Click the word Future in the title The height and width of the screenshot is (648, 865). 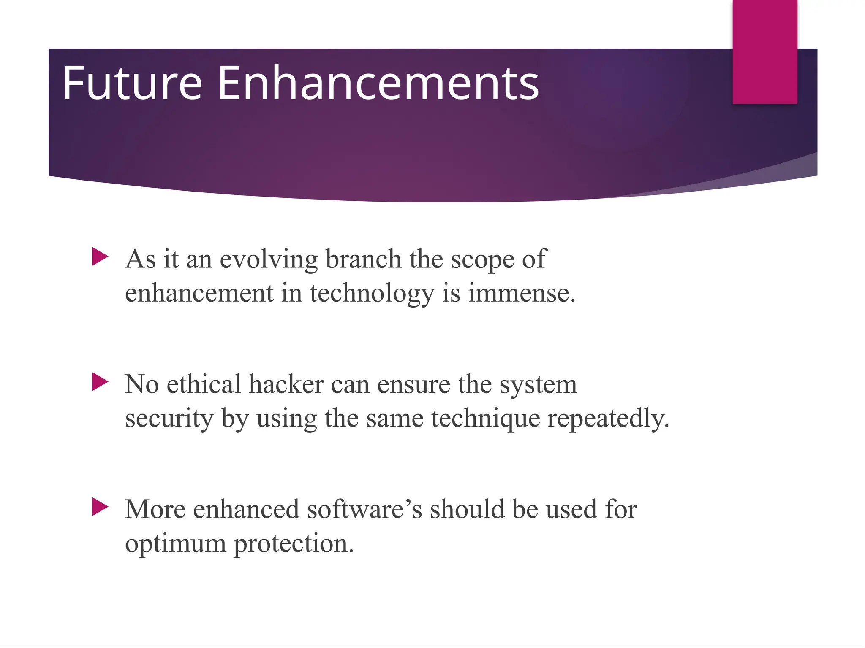coord(132,83)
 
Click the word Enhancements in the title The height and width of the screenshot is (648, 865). coord(378,83)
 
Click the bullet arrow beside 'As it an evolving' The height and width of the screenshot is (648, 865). coord(100,256)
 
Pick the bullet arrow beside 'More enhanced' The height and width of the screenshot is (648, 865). coord(100,507)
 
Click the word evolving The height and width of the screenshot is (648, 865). coord(269,259)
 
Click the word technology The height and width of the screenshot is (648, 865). coord(372,294)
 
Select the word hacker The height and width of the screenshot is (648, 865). coord(286,384)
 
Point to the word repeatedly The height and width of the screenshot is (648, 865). coord(608,419)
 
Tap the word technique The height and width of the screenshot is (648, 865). coord(486,419)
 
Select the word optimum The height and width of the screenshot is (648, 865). coord(175,544)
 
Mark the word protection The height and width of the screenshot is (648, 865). coord(293,544)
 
